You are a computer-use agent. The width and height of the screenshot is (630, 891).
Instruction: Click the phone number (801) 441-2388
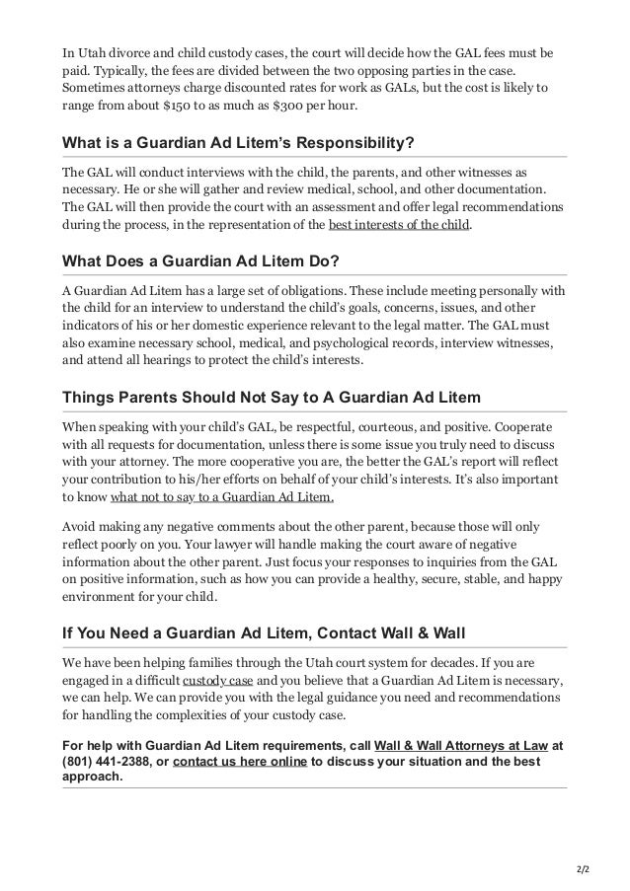pyautogui.click(x=106, y=762)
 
